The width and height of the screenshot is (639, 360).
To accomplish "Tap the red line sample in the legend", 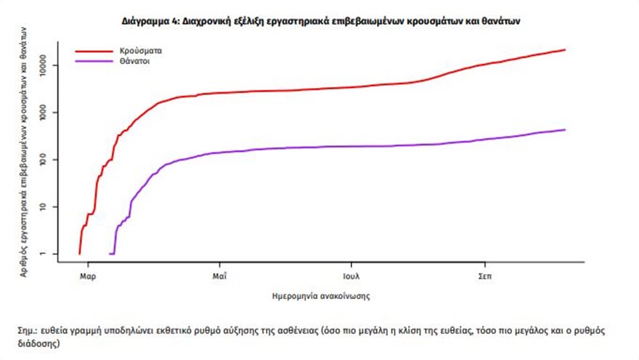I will (92, 52).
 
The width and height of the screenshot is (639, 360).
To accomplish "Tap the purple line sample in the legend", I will (92, 62).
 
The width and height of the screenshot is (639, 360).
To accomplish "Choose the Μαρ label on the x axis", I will (88, 277).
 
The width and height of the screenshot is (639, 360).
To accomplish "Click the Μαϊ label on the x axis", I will (221, 277).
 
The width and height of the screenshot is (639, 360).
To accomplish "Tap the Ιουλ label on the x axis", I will (352, 277).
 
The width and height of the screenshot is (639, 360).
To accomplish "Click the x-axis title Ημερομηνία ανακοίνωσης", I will (322, 296).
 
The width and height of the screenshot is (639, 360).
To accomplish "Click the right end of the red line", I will (564, 50).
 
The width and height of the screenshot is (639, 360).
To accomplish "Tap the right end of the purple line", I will (564, 130).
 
